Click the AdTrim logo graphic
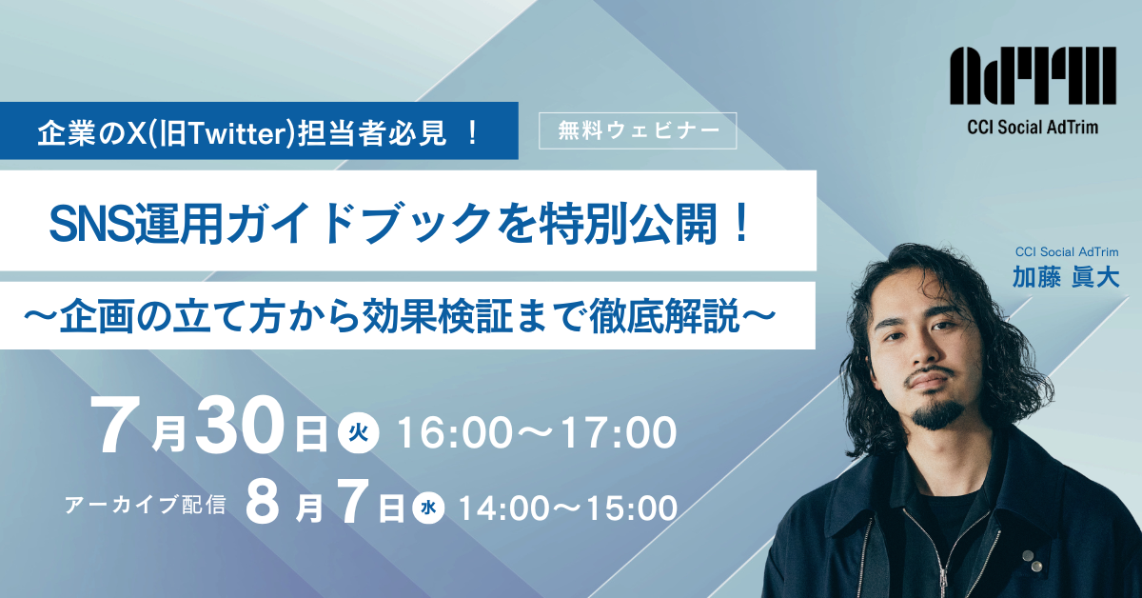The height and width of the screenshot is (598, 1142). tap(1033, 78)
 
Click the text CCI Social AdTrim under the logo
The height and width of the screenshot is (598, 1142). tap(1033, 127)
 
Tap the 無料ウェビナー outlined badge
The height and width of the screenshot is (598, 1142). tap(638, 130)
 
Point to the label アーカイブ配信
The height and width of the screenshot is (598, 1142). tap(146, 506)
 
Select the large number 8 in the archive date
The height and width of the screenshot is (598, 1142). tap(262, 505)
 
